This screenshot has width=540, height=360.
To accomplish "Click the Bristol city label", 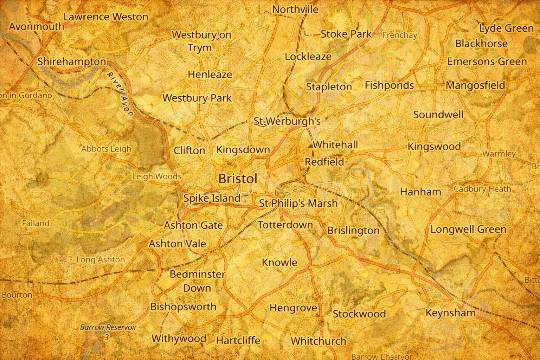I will click(238, 179).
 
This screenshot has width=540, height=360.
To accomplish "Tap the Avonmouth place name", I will click(37, 27).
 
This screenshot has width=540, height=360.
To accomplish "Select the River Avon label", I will click(120, 94).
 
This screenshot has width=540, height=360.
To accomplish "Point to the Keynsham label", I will click(450, 313).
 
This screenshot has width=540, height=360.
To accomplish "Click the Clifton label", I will click(189, 150).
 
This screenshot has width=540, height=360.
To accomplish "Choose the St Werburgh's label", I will click(287, 121).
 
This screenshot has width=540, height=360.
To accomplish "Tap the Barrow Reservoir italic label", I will click(108, 327).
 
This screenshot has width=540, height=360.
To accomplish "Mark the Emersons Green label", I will click(487, 62).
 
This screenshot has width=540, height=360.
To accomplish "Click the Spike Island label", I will click(212, 198).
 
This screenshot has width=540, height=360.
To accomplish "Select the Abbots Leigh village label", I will click(106, 149).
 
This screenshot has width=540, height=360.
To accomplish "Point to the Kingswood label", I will click(434, 146).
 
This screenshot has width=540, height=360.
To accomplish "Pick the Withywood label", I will click(179, 339).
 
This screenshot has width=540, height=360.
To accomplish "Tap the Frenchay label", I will click(400, 35).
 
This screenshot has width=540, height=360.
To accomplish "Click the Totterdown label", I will click(285, 225).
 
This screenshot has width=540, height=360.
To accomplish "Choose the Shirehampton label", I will click(72, 62).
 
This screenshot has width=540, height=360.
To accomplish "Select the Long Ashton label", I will click(101, 259).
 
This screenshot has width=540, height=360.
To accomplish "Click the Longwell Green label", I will click(468, 230).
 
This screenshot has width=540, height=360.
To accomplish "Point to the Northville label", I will click(295, 9).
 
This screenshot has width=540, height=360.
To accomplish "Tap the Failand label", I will click(36, 223).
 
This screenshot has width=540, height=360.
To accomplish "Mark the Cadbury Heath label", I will click(482, 189).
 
